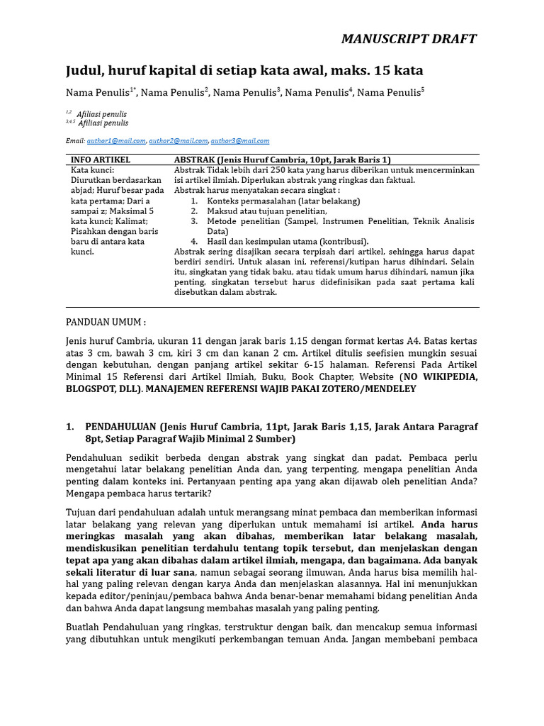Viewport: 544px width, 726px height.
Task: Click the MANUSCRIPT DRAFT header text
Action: (x=409, y=38)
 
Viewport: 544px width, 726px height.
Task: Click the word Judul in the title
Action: (x=84, y=71)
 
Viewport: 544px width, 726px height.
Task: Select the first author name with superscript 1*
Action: (x=99, y=93)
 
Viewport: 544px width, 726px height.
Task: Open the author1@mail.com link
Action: (x=116, y=141)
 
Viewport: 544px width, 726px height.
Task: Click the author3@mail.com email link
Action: (x=240, y=141)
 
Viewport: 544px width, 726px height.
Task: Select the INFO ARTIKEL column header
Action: (x=101, y=160)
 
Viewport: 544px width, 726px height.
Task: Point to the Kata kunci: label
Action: (x=93, y=170)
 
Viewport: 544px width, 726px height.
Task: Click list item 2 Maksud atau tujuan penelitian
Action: (x=266, y=211)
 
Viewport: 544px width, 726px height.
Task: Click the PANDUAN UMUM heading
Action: (x=106, y=322)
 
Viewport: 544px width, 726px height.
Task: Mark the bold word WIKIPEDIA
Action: (x=446, y=376)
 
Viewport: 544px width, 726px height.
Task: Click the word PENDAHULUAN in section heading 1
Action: (x=120, y=427)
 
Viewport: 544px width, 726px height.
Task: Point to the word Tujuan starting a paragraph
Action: (x=83, y=512)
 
